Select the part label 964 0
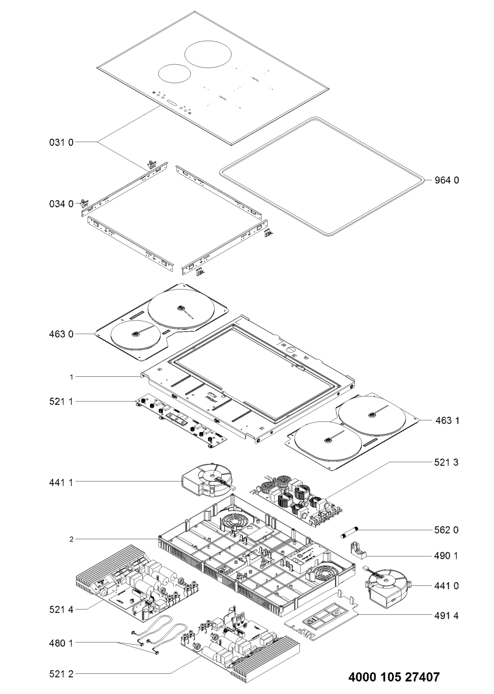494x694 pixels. [x=447, y=180]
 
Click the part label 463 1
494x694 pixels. [x=447, y=421]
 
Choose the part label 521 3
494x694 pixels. [x=447, y=462]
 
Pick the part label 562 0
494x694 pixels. [x=447, y=530]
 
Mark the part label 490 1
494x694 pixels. [x=447, y=556]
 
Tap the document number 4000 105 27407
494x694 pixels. [x=394, y=677]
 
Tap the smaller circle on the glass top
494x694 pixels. [x=174, y=73]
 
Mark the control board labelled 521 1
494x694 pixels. [x=180, y=419]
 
